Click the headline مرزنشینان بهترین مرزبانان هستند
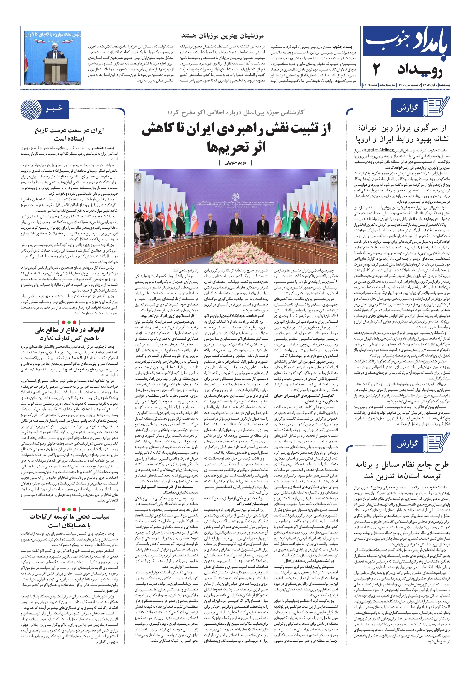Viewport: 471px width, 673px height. (222, 36)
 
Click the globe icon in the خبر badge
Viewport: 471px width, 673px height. (31, 109)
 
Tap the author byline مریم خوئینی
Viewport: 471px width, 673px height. (235, 162)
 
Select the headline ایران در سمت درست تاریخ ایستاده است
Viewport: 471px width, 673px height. (69, 134)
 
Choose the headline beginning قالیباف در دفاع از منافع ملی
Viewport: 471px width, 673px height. (69, 334)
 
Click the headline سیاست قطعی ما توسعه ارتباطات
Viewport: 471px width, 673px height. (69, 521)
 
